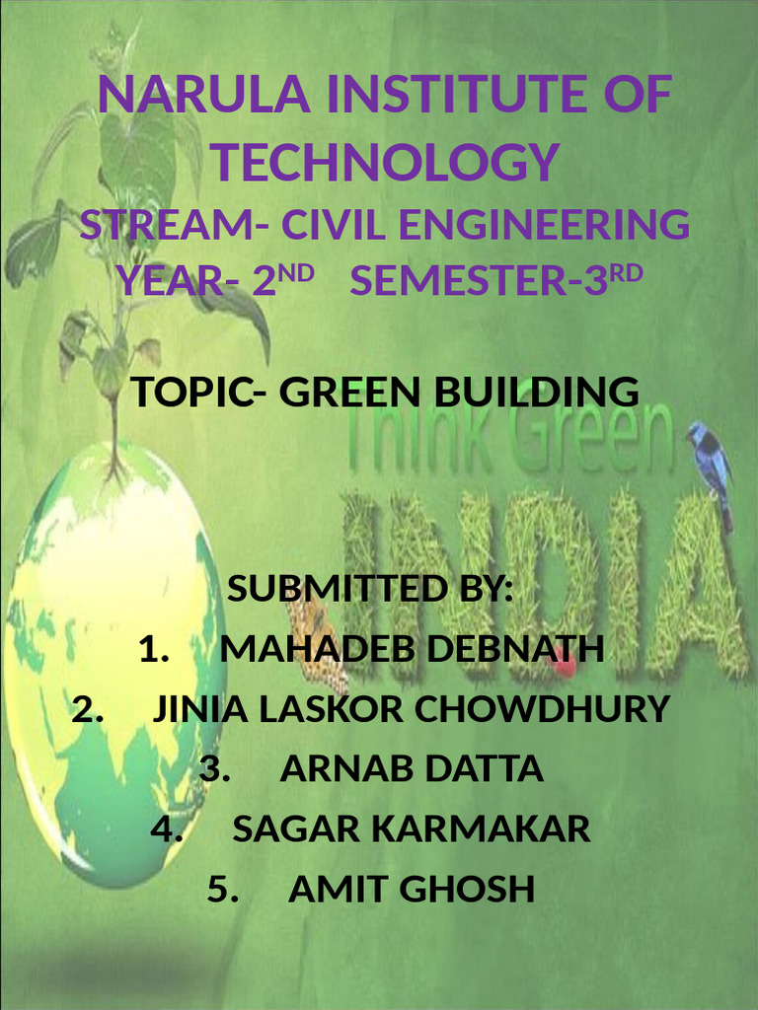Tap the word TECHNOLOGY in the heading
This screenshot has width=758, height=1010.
386,162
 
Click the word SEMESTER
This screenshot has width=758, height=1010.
454,282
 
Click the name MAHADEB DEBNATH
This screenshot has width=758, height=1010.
412,650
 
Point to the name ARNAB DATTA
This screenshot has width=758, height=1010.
412,769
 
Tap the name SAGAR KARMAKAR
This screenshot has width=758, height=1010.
412,830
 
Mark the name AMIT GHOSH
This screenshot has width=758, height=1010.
412,890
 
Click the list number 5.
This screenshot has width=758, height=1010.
224,890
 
